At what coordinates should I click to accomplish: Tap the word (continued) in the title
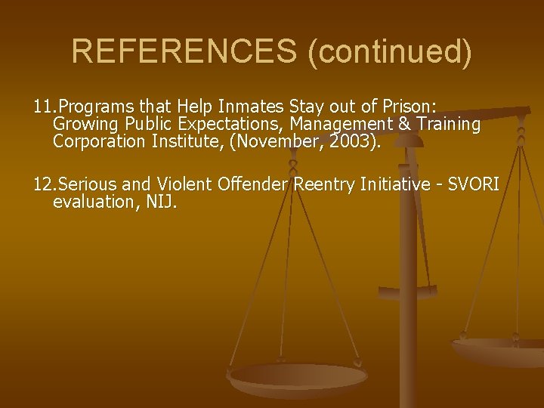point(388,51)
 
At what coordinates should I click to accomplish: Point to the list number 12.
point(45,184)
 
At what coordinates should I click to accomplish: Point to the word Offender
point(252,184)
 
